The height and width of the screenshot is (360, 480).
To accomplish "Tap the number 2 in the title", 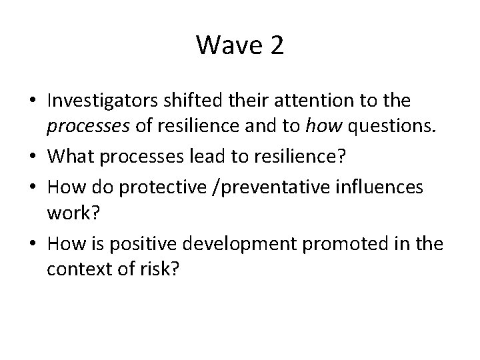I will (x=276, y=46).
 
